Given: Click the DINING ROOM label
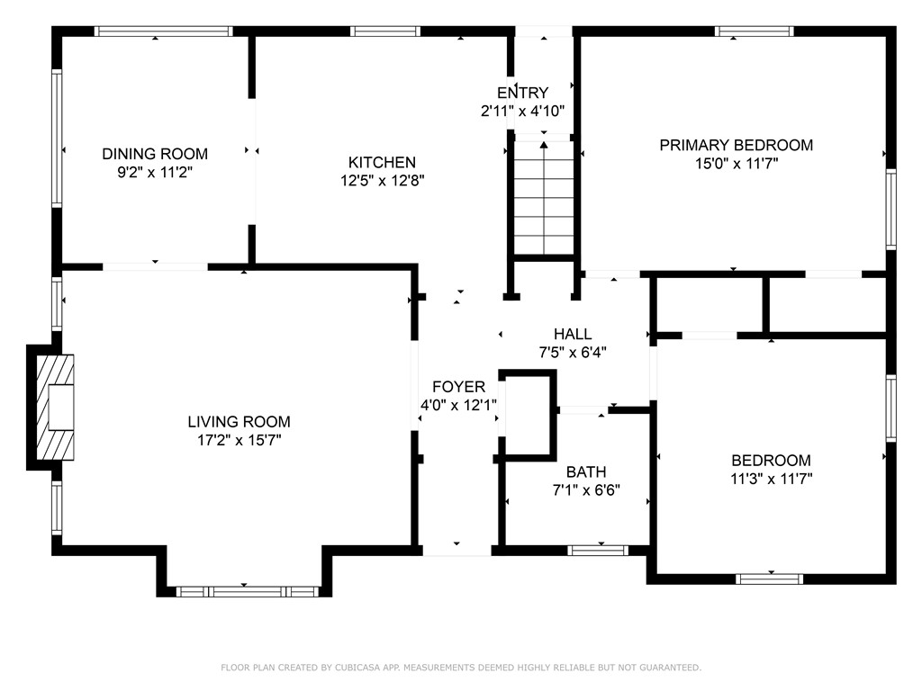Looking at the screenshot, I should click(x=154, y=154).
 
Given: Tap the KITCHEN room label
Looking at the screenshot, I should click(x=382, y=163).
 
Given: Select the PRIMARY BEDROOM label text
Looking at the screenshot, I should click(x=736, y=145).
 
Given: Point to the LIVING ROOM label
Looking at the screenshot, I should click(x=239, y=421).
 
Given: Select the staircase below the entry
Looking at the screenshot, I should click(x=544, y=198).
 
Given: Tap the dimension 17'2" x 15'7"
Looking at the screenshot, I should click(x=239, y=440).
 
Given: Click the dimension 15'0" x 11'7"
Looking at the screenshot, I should click(x=736, y=164).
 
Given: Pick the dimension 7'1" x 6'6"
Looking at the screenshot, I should click(x=586, y=490).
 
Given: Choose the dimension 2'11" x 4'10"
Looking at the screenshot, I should click(x=522, y=112).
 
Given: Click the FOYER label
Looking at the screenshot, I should click(x=458, y=387).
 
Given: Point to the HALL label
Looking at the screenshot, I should click(x=573, y=335).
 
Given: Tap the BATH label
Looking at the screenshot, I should click(x=586, y=472).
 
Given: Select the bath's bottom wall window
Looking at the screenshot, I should click(x=599, y=550).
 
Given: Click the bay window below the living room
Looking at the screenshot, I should click(x=248, y=591).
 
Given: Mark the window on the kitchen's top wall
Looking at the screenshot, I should click(x=384, y=31).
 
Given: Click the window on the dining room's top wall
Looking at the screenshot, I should click(x=164, y=31).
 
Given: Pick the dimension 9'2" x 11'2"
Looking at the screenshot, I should click(x=154, y=173).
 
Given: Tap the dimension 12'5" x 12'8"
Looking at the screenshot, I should click(x=382, y=181).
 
